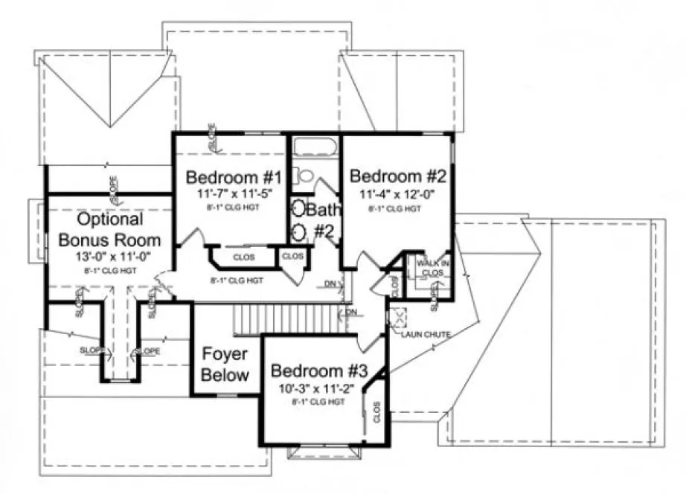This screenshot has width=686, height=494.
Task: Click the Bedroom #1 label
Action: pos(233,179)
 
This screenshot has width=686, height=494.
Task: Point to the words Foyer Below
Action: pos(225,365)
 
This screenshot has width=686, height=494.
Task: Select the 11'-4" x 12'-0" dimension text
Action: pos(397,195)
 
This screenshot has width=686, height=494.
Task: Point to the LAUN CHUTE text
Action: pos(426,335)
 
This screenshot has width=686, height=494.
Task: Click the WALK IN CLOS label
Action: pos(432,268)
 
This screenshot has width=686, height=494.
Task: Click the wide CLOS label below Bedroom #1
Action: pos(243,257)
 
